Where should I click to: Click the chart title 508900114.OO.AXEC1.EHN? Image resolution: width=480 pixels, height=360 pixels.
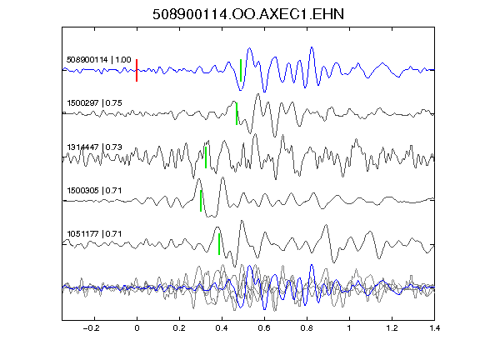[248, 14]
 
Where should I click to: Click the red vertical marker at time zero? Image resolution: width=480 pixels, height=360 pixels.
[137, 70]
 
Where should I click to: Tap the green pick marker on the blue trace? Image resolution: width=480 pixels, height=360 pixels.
[241, 70]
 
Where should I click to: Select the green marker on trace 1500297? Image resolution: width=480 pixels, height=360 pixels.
[237, 113]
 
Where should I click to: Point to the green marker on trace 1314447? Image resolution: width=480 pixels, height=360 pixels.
[206, 157]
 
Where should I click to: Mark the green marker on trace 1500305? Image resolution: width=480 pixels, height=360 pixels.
[201, 201]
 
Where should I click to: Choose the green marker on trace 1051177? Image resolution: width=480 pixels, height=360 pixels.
[219, 244]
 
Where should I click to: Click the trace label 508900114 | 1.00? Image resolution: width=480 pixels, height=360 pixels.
[99, 59]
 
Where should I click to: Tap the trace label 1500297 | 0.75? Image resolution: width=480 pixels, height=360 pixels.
[95, 102]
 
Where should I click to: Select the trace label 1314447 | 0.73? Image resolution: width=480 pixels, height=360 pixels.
[95, 147]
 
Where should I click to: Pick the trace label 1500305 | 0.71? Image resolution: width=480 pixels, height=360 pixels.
[95, 190]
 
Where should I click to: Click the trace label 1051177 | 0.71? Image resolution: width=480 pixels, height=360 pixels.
[95, 234]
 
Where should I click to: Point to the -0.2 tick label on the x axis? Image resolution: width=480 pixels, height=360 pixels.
[91, 328]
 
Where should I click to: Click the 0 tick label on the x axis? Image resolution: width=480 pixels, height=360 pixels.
[137, 328]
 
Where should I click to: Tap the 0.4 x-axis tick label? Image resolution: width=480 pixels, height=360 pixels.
[222, 328]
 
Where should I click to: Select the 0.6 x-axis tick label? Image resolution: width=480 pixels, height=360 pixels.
[264, 328]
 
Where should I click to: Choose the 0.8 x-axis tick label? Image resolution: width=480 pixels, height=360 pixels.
[307, 328]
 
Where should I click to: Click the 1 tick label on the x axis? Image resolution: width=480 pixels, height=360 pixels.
[349, 328]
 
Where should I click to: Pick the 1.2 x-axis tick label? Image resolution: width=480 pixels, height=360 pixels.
[392, 328]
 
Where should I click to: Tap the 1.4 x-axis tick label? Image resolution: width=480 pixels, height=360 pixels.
[434, 328]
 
